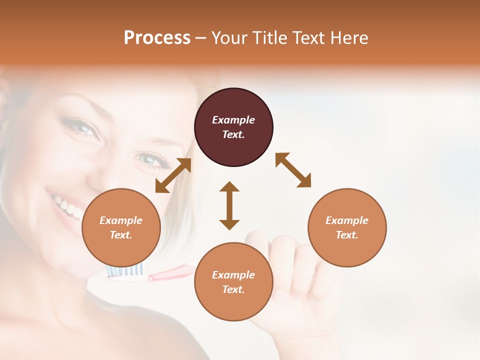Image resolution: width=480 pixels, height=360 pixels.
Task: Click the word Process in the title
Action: click(157, 38)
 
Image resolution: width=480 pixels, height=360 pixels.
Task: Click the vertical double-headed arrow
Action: click(229, 205)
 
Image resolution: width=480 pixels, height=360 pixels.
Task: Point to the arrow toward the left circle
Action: click(173, 175)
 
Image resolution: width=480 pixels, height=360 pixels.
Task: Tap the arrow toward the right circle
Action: click(293, 170)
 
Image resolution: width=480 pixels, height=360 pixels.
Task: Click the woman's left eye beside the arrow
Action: click(149, 160)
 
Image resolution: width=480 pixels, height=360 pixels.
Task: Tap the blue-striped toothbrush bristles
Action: click(125, 270)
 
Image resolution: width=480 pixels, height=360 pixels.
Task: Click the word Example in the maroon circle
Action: click(233, 120)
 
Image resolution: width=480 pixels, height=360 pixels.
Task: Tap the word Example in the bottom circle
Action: click(233, 275)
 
